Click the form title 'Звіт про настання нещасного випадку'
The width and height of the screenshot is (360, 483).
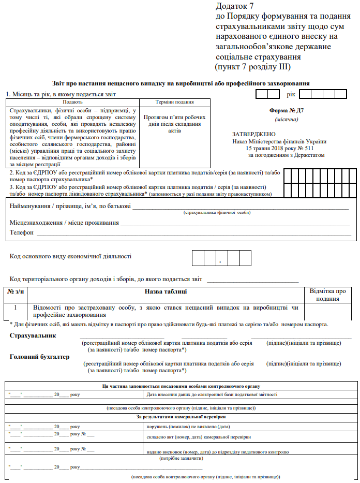click(181, 83)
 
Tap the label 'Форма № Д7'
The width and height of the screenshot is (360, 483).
click(287, 111)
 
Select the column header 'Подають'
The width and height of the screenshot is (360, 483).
click(72, 103)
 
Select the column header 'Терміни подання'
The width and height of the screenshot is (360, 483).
click(174, 103)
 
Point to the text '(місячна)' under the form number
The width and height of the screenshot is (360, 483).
click(286, 120)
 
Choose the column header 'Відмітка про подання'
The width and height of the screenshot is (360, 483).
click(327, 295)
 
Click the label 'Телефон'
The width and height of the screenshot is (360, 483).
click(22, 233)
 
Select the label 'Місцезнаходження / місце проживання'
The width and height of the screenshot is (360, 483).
click(64, 223)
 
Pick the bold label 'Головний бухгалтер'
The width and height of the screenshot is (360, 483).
click(40, 357)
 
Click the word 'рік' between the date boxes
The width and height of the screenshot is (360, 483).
click(290, 94)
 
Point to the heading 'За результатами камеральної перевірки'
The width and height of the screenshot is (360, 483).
click(181, 416)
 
